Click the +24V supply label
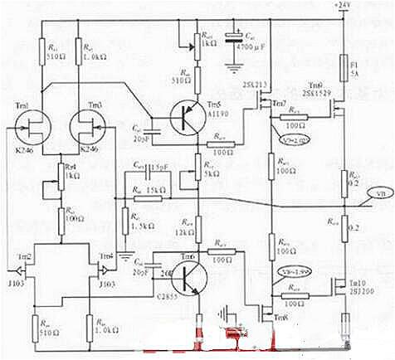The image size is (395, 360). pyautogui.click(x=342, y=6)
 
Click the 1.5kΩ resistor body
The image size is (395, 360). pyautogui.click(x=124, y=217)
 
